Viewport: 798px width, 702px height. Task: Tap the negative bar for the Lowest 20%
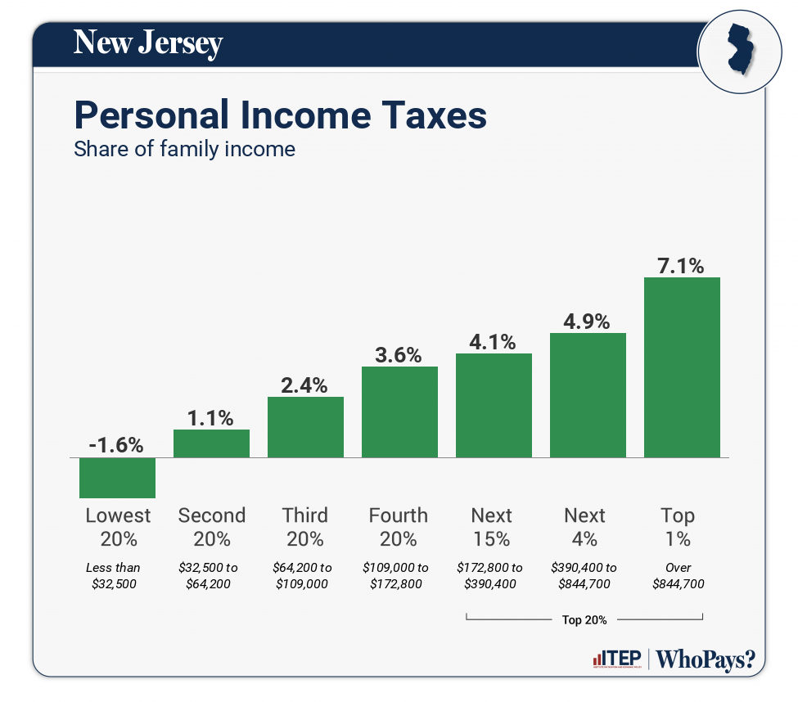(117, 477)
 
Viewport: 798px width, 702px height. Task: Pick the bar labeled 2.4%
(305, 426)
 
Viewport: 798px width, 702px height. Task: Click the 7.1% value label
(682, 266)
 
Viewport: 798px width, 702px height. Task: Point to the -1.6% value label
(117, 445)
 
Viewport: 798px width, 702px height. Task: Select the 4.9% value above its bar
(588, 322)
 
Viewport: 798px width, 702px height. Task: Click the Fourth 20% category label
(399, 527)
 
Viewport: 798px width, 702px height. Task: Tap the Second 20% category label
(211, 527)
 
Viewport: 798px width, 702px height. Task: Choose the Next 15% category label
(492, 527)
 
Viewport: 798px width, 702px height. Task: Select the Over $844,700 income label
(679, 575)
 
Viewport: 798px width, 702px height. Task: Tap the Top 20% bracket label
(584, 619)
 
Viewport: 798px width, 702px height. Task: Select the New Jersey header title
(148, 43)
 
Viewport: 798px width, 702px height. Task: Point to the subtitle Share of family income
(184, 150)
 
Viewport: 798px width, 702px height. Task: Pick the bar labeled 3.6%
(399, 412)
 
